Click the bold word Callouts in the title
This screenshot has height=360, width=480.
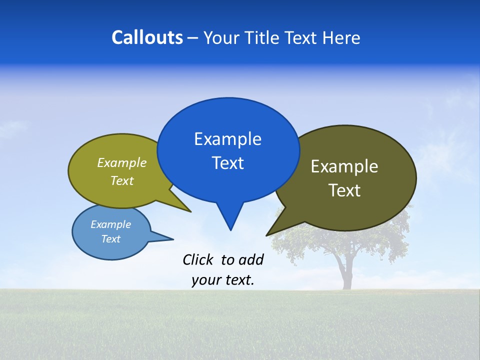(x=147, y=38)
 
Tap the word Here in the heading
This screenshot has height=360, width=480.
(x=341, y=38)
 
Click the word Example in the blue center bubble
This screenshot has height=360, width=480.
(x=227, y=139)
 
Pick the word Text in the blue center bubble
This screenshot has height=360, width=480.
(x=227, y=163)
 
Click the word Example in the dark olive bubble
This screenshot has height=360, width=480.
(x=344, y=166)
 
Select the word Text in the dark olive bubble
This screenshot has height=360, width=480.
(x=344, y=190)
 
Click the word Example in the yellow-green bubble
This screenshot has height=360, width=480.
(x=122, y=163)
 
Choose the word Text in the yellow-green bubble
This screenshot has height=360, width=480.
(x=122, y=181)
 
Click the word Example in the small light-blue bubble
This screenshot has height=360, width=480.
(x=110, y=224)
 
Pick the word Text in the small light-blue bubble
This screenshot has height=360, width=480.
(x=110, y=239)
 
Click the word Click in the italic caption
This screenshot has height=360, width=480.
(x=198, y=259)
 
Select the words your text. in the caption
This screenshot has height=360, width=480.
(x=223, y=280)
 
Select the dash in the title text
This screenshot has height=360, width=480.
(x=193, y=38)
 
